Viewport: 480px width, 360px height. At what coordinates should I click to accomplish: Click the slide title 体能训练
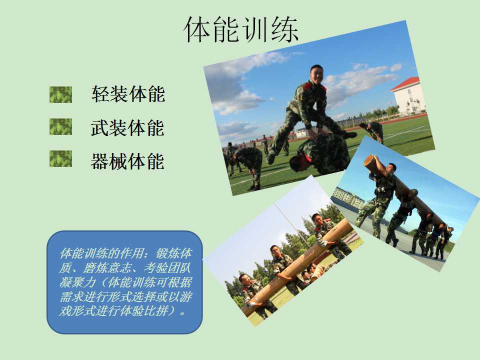pyautogui.click(x=241, y=29)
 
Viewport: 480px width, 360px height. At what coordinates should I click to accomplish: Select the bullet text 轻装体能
pyautogui.click(x=128, y=94)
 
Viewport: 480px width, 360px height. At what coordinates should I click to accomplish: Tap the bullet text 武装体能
pyautogui.click(x=127, y=127)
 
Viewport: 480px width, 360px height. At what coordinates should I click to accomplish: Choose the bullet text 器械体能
pyautogui.click(x=127, y=161)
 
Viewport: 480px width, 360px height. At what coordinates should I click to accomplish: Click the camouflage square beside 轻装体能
pyautogui.click(x=60, y=94)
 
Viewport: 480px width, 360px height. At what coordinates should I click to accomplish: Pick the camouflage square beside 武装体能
pyautogui.click(x=60, y=126)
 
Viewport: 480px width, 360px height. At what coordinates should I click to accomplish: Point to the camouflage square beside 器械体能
pyautogui.click(x=60, y=158)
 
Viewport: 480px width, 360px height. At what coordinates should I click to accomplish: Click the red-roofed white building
pyautogui.click(x=408, y=95)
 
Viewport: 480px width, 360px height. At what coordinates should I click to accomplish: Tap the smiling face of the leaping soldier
pyautogui.click(x=316, y=74)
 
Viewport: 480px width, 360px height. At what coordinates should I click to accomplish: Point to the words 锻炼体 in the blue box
pyautogui.click(x=174, y=253)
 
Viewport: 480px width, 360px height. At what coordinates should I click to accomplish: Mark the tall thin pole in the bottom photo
pyautogui.click(x=292, y=225)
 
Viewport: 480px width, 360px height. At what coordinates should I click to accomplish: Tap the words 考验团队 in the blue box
pyautogui.click(x=167, y=268)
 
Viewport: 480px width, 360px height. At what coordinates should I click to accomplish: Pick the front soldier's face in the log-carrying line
pyautogui.click(x=390, y=169)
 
